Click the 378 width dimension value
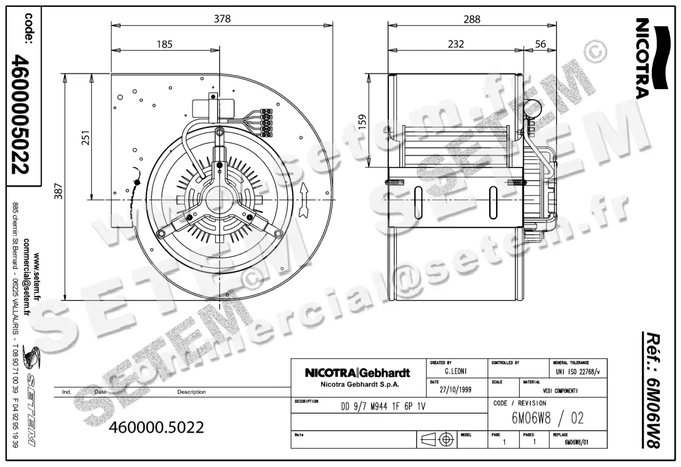(x=222, y=19)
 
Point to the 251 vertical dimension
(x=86, y=137)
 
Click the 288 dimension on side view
(x=471, y=19)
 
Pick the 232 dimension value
(x=455, y=44)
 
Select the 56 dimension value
(x=540, y=44)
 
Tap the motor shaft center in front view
(x=219, y=200)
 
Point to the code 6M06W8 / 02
(x=547, y=419)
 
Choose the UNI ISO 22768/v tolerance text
(x=578, y=372)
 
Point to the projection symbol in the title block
(x=438, y=440)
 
